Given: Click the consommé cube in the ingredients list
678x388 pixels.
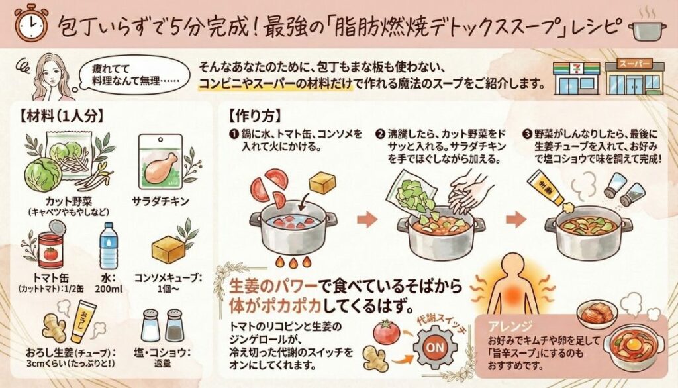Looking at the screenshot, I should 168,250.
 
